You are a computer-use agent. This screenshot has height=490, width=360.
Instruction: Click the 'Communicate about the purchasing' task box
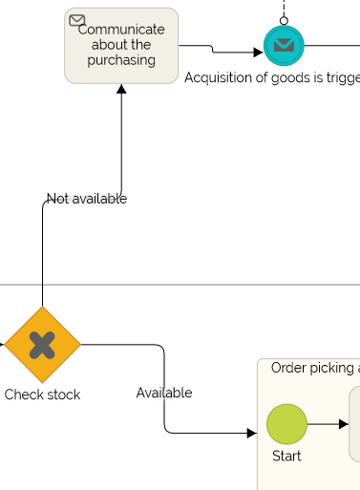(x=121, y=46)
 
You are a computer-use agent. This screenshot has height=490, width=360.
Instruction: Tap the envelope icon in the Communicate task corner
(x=77, y=20)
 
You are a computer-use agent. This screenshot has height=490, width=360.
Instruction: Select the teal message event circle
(x=284, y=45)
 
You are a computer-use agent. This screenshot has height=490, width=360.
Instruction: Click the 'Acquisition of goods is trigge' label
(x=272, y=77)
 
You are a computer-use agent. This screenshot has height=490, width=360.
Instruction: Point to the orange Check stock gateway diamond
(x=42, y=344)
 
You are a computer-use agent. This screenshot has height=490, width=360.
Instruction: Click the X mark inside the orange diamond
(x=42, y=344)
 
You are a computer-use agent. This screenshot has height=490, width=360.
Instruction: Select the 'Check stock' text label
(x=42, y=394)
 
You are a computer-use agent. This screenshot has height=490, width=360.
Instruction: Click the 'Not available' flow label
(x=87, y=199)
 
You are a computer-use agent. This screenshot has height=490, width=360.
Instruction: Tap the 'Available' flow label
(x=164, y=393)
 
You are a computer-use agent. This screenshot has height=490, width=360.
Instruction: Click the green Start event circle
(x=286, y=424)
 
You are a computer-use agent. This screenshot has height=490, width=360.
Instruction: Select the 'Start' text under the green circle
(x=286, y=457)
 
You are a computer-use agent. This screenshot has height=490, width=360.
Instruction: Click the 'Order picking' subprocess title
(x=314, y=368)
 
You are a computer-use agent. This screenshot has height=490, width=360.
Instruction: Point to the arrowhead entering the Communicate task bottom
(x=121, y=90)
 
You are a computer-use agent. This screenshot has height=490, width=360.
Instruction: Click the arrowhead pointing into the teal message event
(x=258, y=53)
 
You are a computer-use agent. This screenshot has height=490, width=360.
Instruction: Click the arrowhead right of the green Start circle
(x=343, y=424)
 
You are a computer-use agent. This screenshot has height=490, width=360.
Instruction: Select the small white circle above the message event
(x=284, y=20)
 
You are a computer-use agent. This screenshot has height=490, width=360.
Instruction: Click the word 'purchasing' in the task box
(x=121, y=60)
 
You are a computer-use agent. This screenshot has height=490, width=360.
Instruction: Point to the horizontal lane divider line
(x=191, y=285)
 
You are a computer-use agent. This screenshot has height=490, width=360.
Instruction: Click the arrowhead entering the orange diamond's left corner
(x=2, y=344)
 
